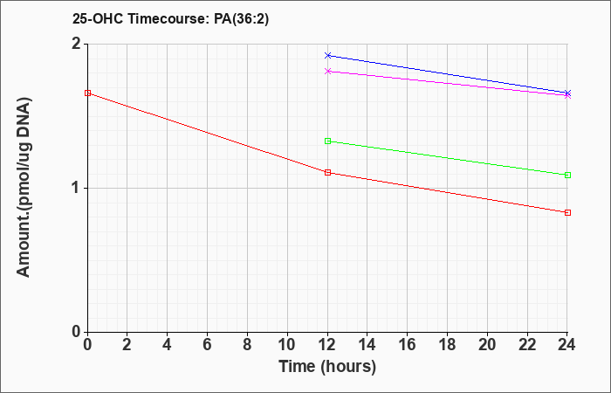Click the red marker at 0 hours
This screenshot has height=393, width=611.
[87, 93]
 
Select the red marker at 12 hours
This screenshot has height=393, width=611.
[327, 172]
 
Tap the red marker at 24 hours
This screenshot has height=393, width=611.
[567, 212]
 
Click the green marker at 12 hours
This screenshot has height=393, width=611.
[327, 141]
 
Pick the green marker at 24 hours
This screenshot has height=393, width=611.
[567, 175]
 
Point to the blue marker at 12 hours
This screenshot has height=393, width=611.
[327, 55]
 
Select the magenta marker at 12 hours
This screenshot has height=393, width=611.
[327, 71]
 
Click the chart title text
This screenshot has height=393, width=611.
[170, 19]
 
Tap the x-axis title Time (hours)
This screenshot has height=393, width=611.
[327, 367]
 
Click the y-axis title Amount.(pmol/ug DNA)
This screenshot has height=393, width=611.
[24, 188]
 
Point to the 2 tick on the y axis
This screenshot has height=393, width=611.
[77, 44]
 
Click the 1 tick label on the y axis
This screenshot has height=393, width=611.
[77, 189]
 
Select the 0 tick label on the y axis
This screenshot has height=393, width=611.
[77, 332]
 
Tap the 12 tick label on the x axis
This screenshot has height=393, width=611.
[327, 345]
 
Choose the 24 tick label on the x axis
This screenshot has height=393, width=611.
[567, 345]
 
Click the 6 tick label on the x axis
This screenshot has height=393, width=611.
[208, 345]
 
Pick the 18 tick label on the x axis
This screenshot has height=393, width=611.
[447, 345]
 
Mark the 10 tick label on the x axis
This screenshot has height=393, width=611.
[287, 345]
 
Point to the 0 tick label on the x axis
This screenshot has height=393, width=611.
[87, 345]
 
